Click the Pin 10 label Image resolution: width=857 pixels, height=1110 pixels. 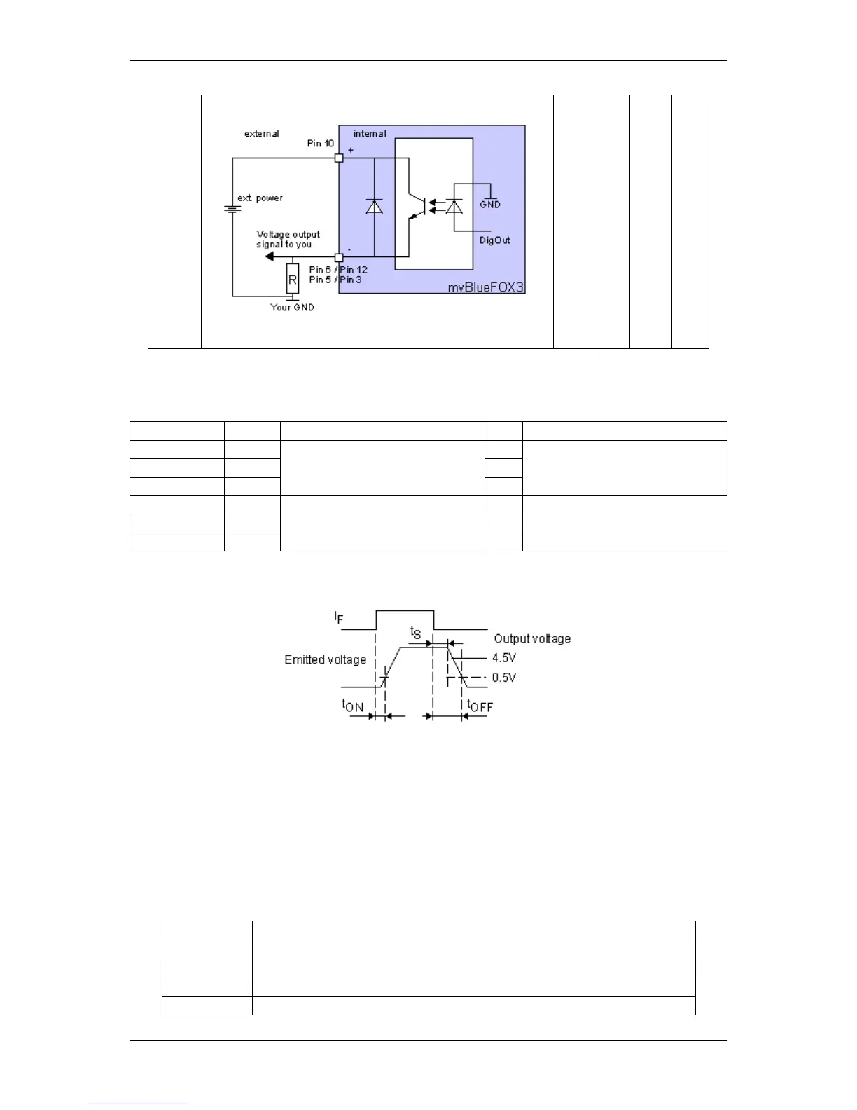[320, 144]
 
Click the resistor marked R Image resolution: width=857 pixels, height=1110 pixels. [293, 280]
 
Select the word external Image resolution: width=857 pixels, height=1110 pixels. [261, 134]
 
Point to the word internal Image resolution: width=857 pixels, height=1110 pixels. [369, 134]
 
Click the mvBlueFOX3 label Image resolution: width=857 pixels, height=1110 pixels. [485, 287]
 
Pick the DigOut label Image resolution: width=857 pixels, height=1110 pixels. [494, 240]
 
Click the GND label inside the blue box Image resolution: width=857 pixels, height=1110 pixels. [490, 205]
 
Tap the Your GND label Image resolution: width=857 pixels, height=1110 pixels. [292, 308]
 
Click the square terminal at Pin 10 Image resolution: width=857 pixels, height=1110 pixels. [339, 158]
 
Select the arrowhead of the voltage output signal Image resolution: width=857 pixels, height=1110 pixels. [270, 257]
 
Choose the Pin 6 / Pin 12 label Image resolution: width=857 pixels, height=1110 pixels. [338, 270]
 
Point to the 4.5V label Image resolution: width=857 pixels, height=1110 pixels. [503, 658]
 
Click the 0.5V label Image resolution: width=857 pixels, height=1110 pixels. [503, 678]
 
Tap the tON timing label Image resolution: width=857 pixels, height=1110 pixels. [352, 706]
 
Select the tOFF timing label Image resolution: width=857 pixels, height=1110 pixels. [480, 706]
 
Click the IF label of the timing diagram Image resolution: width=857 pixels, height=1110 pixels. [339, 618]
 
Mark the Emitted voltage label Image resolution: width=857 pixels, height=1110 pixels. [325, 659]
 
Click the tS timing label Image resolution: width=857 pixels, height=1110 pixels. [416, 633]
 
